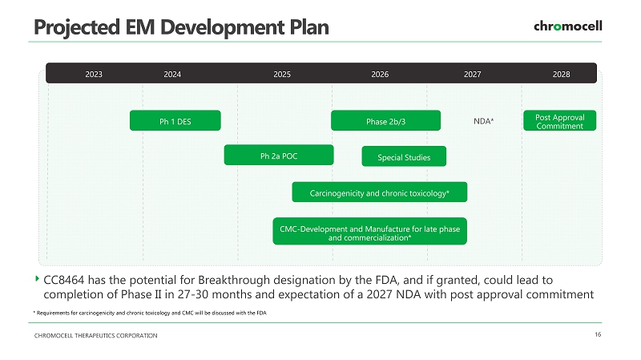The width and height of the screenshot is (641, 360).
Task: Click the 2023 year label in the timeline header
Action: [x=94, y=74]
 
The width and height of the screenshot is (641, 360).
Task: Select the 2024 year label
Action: [x=172, y=74]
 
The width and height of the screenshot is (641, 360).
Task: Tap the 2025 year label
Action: [x=282, y=74]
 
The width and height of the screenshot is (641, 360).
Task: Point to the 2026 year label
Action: [x=380, y=74]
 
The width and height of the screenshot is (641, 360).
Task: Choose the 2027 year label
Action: [x=472, y=74]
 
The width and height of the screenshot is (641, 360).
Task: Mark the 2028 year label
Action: [x=562, y=74]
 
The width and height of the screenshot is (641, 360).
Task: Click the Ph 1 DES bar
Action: [x=175, y=120]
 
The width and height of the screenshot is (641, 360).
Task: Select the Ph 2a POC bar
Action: [x=279, y=155]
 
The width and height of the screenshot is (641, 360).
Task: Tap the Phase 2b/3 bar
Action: [x=385, y=120]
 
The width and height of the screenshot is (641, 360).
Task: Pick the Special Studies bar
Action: [x=404, y=156]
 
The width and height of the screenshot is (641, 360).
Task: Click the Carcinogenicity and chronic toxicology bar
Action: [x=379, y=192]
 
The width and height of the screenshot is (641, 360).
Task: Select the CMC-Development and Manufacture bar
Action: [x=369, y=231]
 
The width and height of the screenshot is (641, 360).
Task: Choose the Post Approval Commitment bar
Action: [x=559, y=120]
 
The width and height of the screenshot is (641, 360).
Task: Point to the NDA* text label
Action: [x=484, y=121]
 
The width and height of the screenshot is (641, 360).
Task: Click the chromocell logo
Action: [x=568, y=26]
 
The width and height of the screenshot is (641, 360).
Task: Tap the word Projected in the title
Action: [x=77, y=28]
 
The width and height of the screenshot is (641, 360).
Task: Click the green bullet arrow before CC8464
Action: [x=37, y=278]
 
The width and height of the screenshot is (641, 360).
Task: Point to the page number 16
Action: [x=598, y=334]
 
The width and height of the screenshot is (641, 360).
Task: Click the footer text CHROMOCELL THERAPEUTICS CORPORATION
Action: [x=95, y=335]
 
